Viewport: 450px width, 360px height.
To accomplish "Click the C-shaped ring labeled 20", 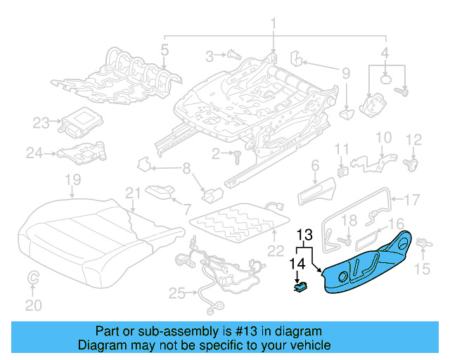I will coord(33,280).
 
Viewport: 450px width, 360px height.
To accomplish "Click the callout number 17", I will coord(412,198).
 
